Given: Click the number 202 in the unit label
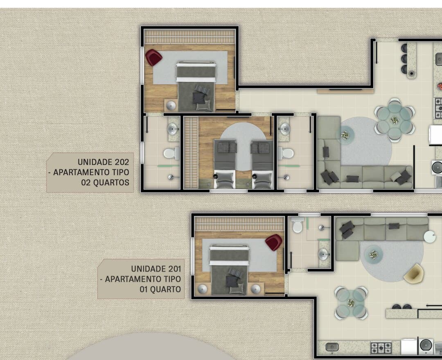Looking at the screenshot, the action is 122,162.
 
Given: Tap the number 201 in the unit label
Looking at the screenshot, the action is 174,269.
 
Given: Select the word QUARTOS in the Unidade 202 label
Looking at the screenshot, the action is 111,182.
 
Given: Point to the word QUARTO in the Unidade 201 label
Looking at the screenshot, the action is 166,289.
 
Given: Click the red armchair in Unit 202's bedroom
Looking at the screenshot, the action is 153,57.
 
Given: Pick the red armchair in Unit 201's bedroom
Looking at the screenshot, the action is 273,242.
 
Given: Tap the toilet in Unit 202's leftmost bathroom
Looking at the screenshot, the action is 171,153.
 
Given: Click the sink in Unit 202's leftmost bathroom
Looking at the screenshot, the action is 174,129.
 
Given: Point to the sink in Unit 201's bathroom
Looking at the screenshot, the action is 324,254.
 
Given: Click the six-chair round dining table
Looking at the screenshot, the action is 395,120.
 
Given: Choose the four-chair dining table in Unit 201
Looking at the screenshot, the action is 351,303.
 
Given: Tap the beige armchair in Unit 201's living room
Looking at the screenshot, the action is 413,274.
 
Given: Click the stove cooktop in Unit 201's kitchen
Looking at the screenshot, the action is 381,348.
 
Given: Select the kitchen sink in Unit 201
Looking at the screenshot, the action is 332,347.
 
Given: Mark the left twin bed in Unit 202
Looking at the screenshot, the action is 225,164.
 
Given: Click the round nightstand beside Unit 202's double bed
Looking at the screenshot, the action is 171,106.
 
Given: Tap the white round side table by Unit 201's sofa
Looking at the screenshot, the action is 430,236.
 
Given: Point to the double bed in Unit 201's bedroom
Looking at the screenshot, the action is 230,270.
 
